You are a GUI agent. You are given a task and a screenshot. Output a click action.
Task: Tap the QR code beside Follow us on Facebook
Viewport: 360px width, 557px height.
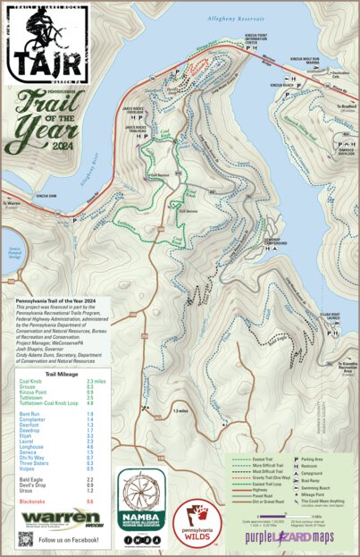pos(25,538)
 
